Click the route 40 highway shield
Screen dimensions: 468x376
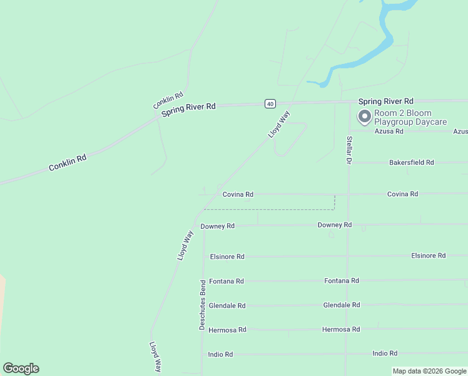(270, 103)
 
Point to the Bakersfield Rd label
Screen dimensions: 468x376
(411, 162)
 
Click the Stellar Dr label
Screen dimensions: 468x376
(349, 149)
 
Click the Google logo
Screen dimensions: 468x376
(21, 368)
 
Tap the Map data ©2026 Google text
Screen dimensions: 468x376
(430, 371)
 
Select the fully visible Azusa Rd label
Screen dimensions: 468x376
(389, 132)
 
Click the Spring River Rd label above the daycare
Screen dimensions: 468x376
(385, 101)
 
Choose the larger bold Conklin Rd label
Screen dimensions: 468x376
(68, 163)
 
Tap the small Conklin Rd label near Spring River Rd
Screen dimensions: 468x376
(168, 100)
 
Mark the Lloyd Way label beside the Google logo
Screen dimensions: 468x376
(156, 357)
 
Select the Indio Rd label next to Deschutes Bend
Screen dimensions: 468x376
(220, 354)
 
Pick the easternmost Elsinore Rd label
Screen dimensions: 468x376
(428, 256)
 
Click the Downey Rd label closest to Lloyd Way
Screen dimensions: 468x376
(217, 226)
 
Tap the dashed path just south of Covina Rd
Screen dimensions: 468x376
(269, 209)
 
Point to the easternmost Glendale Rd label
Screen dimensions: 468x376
(341, 305)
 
